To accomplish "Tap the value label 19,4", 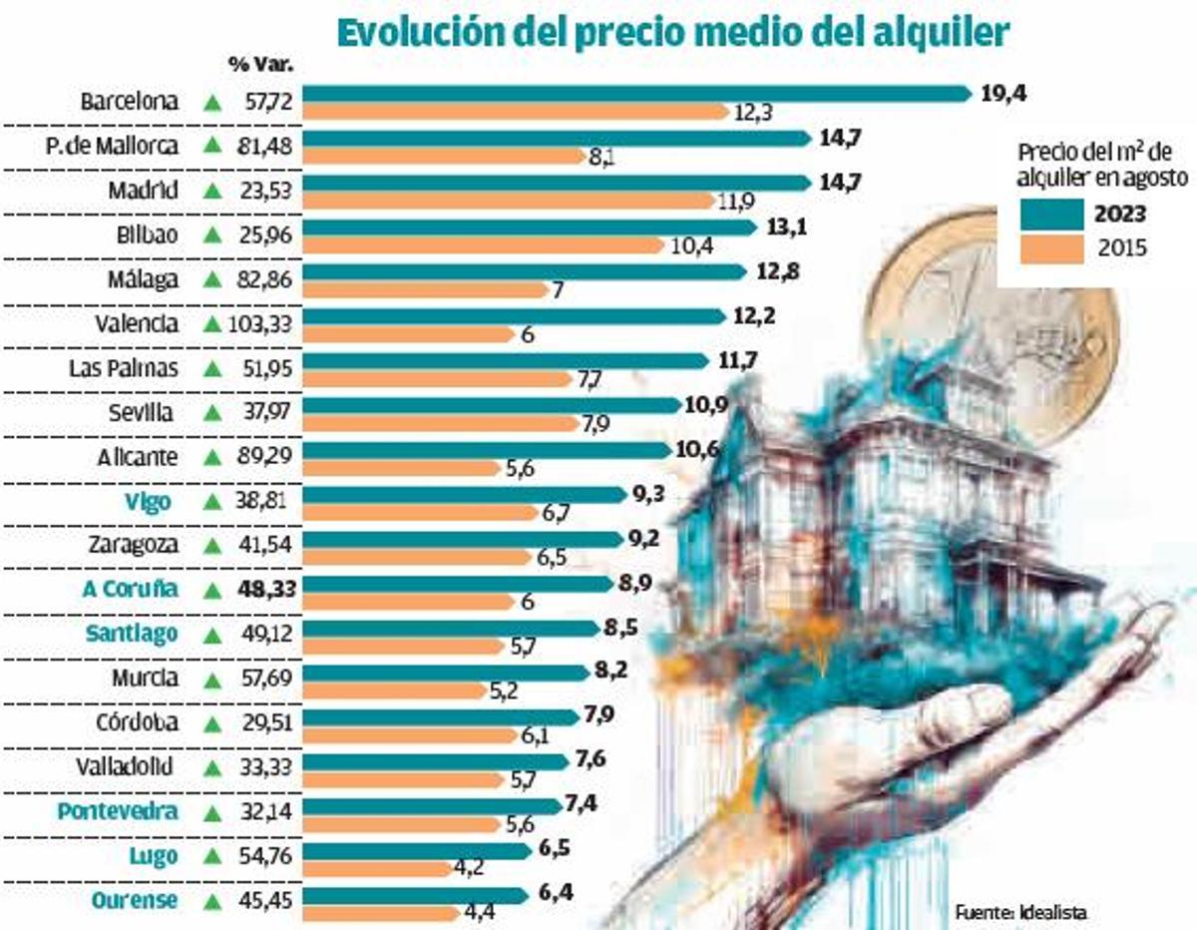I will [x=1003, y=94].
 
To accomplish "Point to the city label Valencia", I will [x=137, y=324].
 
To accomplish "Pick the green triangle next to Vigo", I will [x=211, y=503].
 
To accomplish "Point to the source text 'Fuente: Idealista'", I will [x=1019, y=911].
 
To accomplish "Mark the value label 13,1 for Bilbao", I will [x=786, y=228].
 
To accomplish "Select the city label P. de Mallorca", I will [x=113, y=146].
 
